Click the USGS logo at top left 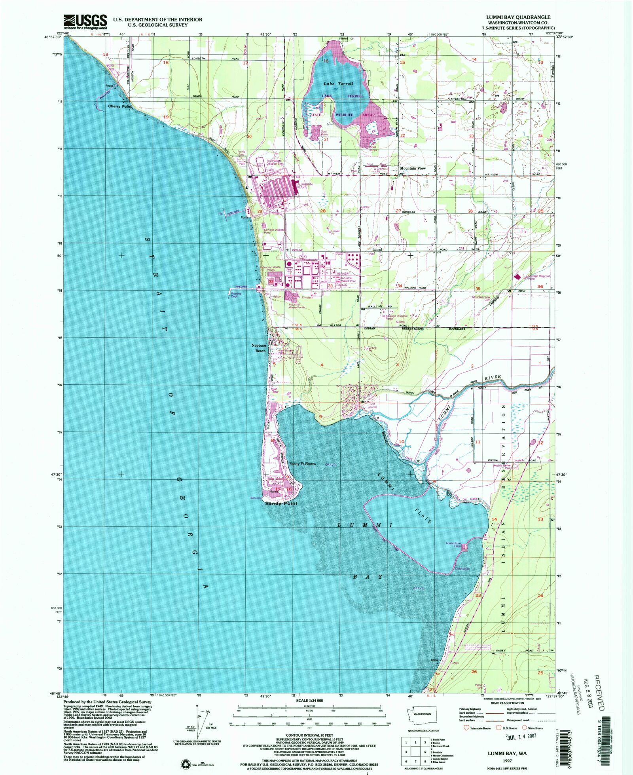click(85, 22)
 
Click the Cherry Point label click(120, 106)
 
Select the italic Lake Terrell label click(338, 84)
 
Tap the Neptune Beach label click(259, 348)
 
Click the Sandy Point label click(281, 503)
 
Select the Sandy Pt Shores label click(302, 463)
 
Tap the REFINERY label click(343, 274)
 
